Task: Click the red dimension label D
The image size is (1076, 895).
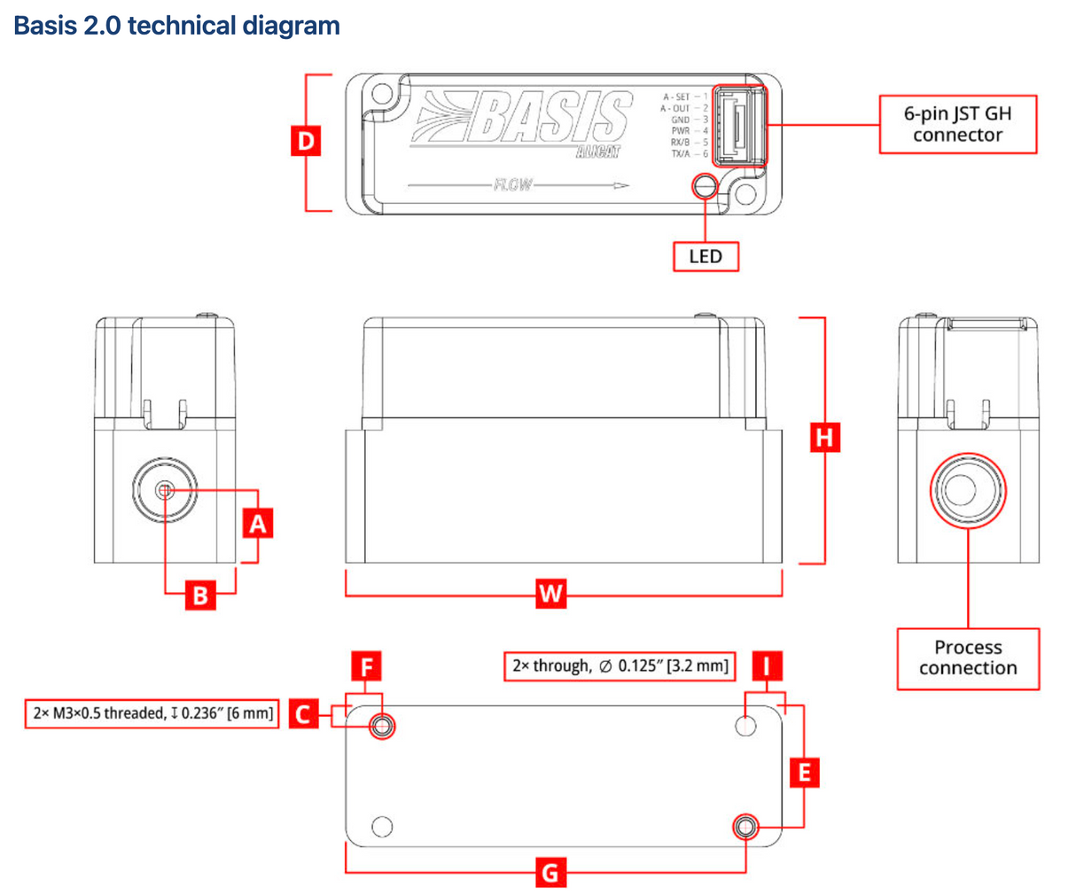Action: tap(306, 141)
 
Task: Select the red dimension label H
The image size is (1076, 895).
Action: tap(824, 437)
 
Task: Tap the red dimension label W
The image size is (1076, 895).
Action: tap(550, 593)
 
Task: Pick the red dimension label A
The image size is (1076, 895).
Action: tap(257, 524)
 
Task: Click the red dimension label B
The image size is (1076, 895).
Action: tap(200, 595)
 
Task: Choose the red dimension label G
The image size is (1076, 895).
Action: tap(550, 873)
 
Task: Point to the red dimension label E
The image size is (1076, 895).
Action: tap(804, 773)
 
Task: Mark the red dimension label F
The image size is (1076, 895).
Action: tap(366, 665)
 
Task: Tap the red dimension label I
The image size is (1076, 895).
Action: tap(768, 665)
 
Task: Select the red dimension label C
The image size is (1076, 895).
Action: tap(303, 713)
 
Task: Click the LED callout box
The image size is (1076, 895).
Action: tap(706, 256)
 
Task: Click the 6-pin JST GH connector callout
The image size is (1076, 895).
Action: tap(957, 124)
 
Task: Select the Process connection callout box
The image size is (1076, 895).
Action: tap(967, 658)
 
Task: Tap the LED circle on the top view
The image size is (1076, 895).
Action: tap(706, 186)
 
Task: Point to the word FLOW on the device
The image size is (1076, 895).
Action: tap(513, 184)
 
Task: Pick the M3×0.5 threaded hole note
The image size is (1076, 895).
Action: tap(153, 712)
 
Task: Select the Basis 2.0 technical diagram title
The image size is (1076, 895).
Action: tap(176, 25)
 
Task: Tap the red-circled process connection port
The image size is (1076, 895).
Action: tap(967, 490)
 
